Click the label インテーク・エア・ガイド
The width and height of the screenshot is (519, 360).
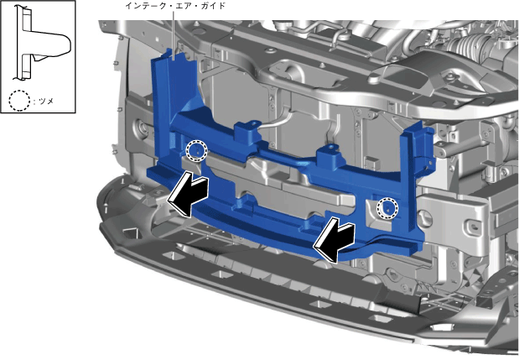pos(175,6)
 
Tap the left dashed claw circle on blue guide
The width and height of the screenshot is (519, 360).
pos(196,150)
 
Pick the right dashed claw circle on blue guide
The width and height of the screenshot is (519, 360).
pos(387,208)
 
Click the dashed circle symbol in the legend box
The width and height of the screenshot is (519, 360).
pos(19,101)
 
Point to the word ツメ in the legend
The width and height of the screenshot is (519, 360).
pos(46,102)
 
